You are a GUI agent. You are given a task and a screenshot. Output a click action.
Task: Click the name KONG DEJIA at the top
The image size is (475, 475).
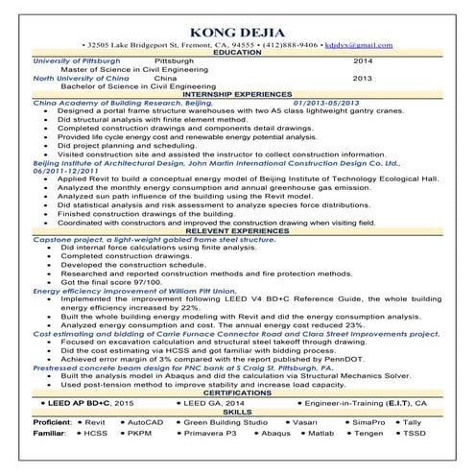coord(236,28)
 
